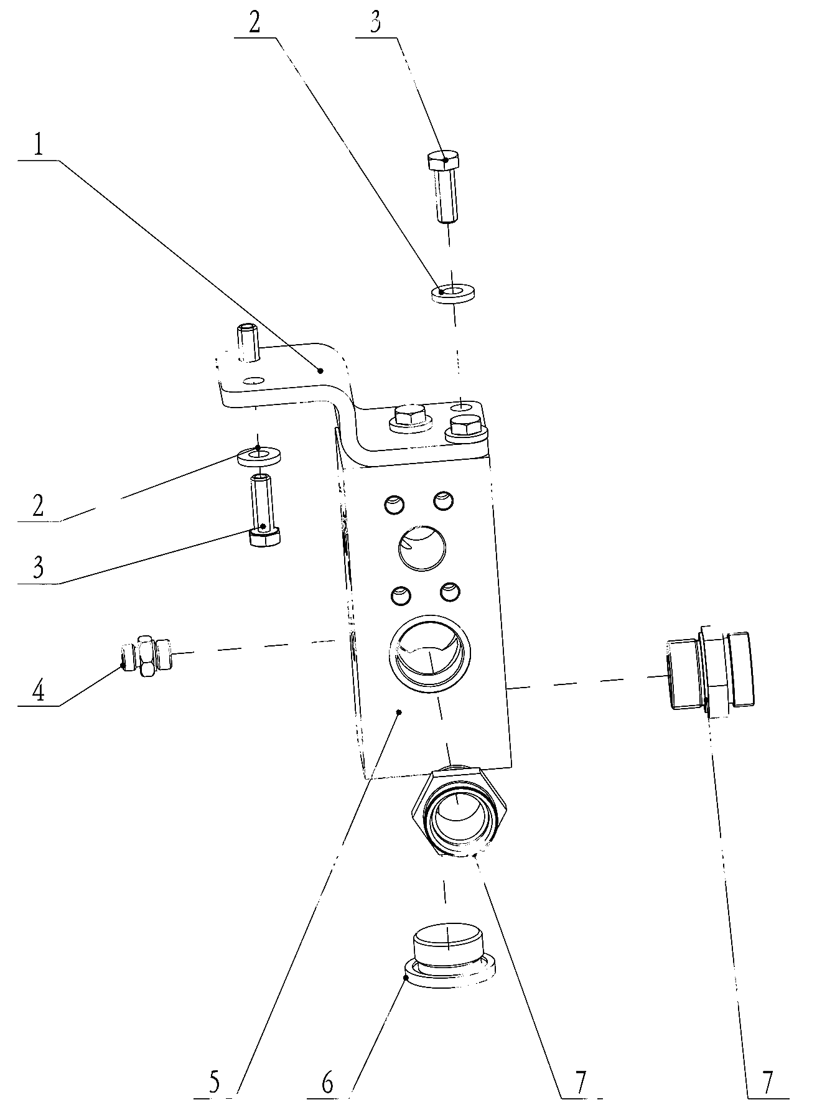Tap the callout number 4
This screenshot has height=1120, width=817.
[39, 691]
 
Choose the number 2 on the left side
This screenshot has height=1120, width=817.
[39, 506]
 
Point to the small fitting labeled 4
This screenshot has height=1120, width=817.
[146, 655]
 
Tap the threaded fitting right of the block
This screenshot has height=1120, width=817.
[710, 672]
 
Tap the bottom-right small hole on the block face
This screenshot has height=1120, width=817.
[450, 592]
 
